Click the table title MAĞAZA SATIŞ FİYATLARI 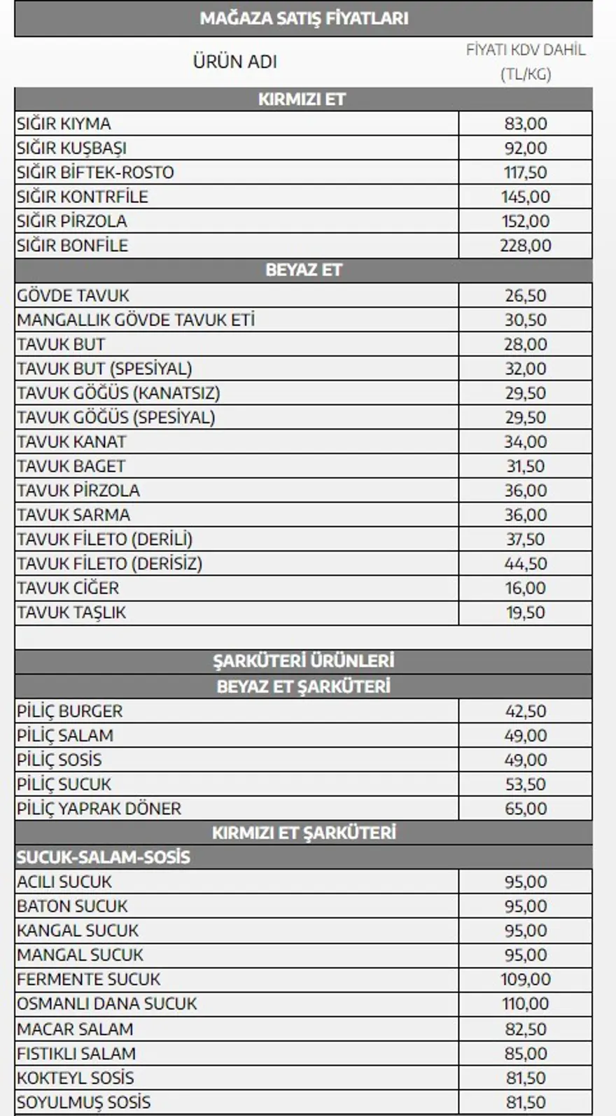click(x=304, y=18)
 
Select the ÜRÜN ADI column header click(x=235, y=62)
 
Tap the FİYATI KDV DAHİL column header click(x=526, y=50)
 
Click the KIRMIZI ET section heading click(x=302, y=99)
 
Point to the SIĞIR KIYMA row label click(x=64, y=124)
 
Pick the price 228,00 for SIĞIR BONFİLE click(x=526, y=246)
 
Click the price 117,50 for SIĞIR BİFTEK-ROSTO click(x=526, y=172)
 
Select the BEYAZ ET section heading click(x=303, y=270)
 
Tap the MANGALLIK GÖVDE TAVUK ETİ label click(x=136, y=320)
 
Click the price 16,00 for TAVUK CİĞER click(x=526, y=588)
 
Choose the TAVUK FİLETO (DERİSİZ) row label click(x=109, y=563)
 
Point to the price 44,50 click(x=526, y=563)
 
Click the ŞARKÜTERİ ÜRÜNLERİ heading click(x=303, y=661)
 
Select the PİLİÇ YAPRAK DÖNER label click(x=99, y=808)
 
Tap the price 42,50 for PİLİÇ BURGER click(x=526, y=711)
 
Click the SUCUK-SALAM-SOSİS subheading click(x=104, y=857)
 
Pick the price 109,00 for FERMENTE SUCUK click(x=526, y=979)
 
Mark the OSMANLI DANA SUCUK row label click(x=107, y=1003)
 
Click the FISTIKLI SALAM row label click(x=76, y=1053)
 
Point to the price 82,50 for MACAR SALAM click(x=526, y=1029)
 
